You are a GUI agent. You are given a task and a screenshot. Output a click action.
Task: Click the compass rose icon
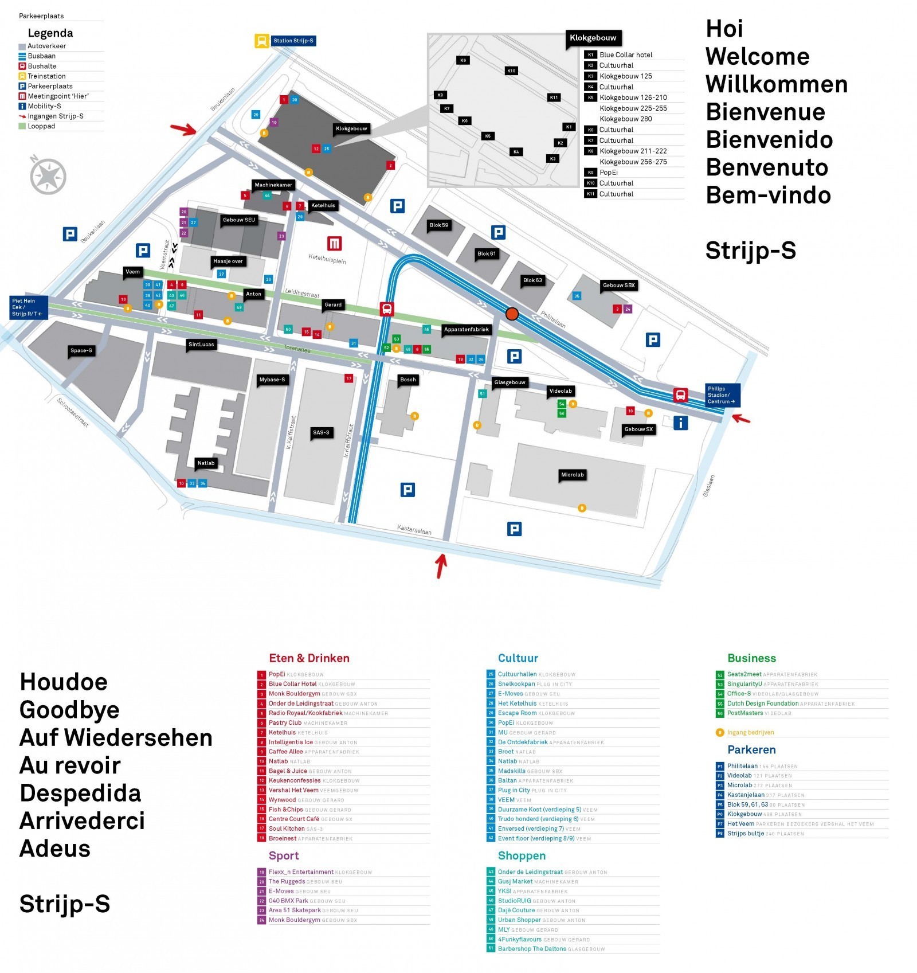tap(48, 176)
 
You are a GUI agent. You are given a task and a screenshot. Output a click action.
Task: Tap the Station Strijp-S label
tap(293, 41)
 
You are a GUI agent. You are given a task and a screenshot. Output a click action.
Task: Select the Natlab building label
tap(206, 463)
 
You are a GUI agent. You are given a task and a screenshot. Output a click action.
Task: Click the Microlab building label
tap(572, 475)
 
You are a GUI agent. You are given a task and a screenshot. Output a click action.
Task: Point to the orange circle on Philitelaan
tap(512, 314)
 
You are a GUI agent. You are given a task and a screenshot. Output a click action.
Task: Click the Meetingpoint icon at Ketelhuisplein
tap(334, 244)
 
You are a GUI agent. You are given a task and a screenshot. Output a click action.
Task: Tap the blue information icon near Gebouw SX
tap(680, 423)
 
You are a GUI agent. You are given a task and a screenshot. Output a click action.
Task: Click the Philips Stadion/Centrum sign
tap(722, 395)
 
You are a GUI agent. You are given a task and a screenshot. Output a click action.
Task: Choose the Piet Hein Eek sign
tap(28, 307)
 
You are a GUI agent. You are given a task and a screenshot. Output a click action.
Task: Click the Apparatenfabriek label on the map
tap(466, 330)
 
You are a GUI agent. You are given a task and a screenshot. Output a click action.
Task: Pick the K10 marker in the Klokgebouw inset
tap(511, 71)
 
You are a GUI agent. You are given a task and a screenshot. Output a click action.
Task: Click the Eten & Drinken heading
tap(309, 658)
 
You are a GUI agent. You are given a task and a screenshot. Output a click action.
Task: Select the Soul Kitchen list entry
tap(287, 829)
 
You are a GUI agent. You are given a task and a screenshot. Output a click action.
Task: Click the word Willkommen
tap(776, 84)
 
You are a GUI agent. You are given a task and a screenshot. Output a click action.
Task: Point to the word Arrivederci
tap(82, 821)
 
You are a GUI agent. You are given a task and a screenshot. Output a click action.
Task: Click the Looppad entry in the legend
tap(41, 126)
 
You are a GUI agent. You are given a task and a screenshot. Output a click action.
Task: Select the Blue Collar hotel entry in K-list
tap(625, 55)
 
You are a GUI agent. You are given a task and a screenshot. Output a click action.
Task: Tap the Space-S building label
tap(81, 350)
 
